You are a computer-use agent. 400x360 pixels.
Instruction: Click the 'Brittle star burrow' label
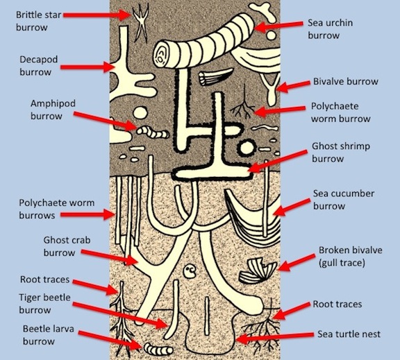38,21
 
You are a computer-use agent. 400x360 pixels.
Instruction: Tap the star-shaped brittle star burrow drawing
141,22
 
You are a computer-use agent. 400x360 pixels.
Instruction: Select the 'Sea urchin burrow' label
330,29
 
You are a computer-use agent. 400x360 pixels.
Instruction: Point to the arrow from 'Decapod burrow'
87,67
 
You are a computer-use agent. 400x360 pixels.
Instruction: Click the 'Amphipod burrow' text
53,110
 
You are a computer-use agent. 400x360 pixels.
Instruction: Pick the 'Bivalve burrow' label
346,82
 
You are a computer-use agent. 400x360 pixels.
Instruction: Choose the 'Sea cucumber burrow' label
344,200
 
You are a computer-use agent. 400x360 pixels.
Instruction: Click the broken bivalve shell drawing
258,271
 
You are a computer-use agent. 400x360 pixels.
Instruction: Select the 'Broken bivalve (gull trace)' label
350,257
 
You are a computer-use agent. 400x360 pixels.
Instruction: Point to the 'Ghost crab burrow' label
67,246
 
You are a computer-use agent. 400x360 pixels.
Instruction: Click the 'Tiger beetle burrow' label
44,303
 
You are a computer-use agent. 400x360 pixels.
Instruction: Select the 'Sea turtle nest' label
349,334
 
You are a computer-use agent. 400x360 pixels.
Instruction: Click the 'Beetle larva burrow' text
44,335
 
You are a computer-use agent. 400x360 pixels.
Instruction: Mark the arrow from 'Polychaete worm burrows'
87,214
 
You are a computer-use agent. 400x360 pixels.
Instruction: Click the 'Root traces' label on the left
44,280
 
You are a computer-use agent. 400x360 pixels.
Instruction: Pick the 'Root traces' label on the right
337,304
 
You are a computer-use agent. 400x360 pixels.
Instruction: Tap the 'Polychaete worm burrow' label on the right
340,112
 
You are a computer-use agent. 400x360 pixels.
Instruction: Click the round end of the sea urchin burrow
161,55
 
